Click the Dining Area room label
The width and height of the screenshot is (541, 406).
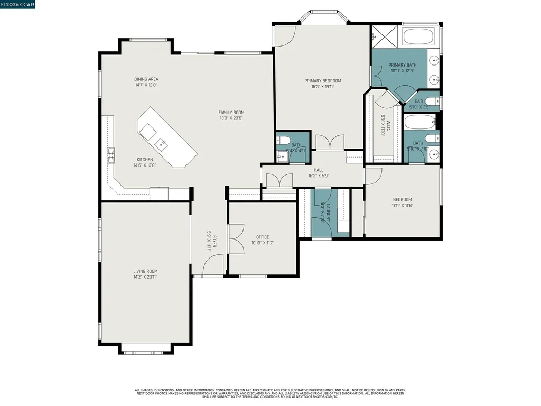tap(146, 79)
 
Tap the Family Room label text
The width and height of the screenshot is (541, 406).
tap(231, 112)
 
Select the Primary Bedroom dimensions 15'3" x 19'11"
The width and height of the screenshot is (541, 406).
tap(322, 87)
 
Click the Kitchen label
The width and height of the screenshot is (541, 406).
tap(145, 160)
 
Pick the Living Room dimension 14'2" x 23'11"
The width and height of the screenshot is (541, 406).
tap(145, 276)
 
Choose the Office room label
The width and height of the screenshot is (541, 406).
tap(263, 237)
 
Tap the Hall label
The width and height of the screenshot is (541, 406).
tap(319, 170)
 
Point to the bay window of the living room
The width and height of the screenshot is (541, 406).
tap(145, 349)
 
